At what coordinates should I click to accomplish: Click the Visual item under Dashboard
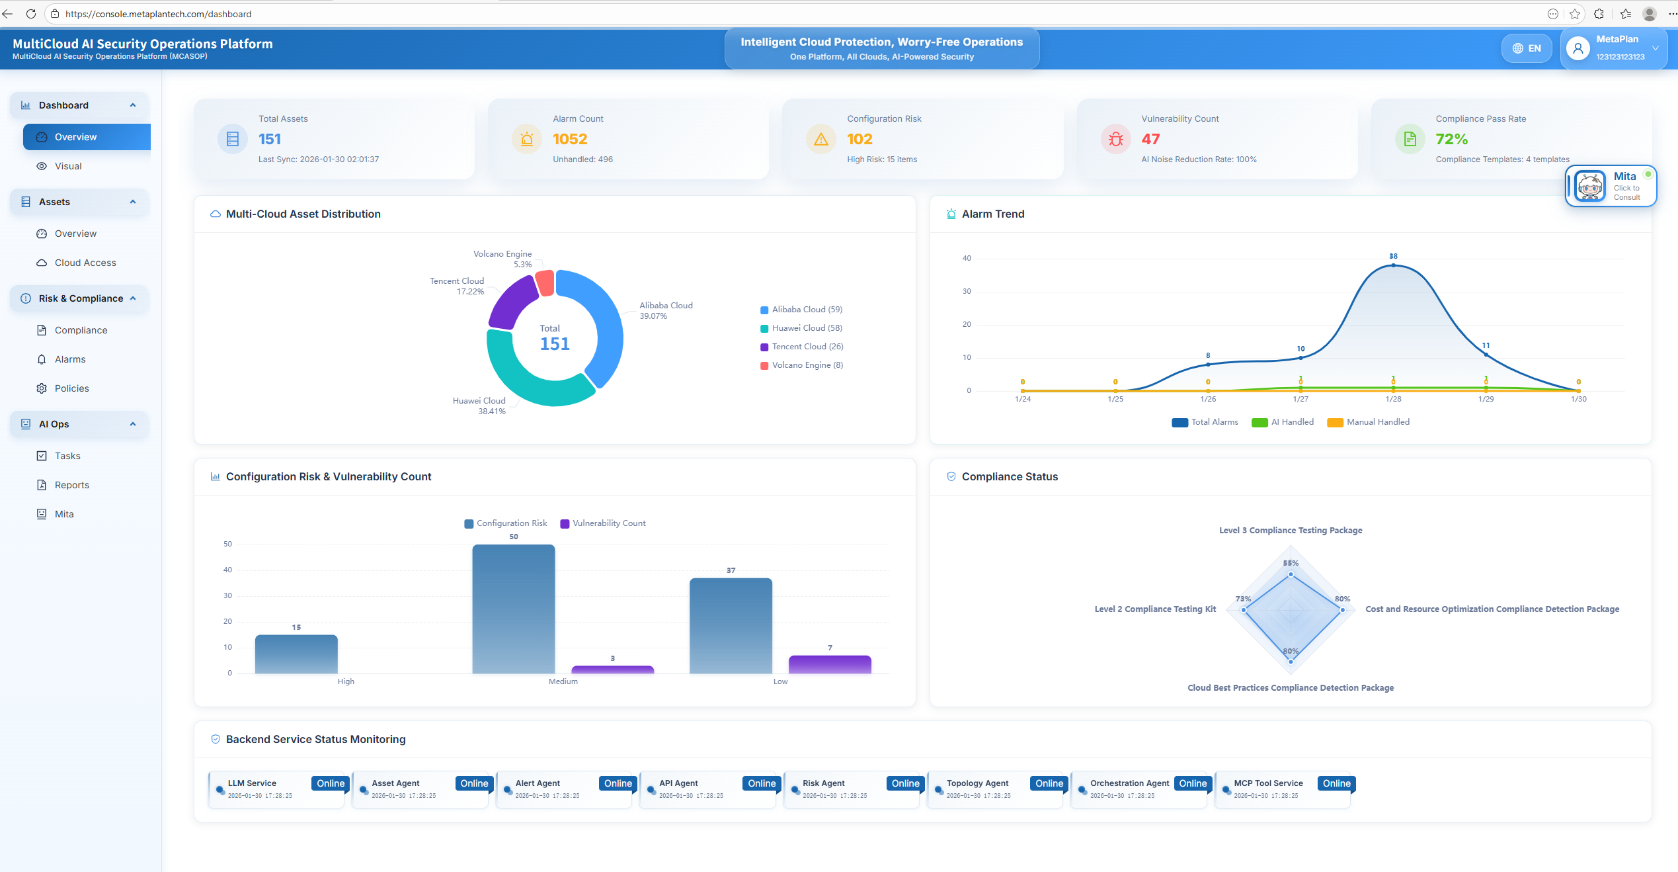(68, 166)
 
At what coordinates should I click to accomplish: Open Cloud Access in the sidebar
(85, 263)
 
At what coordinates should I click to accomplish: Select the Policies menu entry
(71, 388)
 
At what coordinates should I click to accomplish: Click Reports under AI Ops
(71, 485)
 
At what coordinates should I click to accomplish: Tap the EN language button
(1527, 48)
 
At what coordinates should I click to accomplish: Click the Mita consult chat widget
(1611, 186)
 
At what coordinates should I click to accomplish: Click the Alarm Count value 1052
(570, 139)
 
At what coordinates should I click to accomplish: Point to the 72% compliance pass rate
(1451, 139)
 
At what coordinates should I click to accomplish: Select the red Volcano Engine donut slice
(545, 283)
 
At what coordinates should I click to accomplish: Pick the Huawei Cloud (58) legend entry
(807, 328)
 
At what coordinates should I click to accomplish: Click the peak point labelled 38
(1393, 265)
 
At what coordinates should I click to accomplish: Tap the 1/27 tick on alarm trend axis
(1300, 399)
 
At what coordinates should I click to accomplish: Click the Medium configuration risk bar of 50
(513, 609)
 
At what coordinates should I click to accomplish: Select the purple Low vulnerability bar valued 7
(829, 664)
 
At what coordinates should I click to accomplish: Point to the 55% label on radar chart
(1291, 564)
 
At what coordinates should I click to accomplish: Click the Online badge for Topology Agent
(1049, 783)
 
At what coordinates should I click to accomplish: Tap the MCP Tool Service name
(1268, 783)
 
